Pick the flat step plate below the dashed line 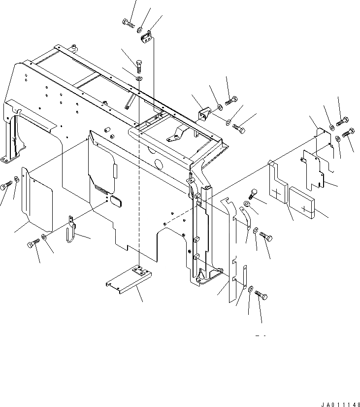point(130,282)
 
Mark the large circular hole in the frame point(160,165)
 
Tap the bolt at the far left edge point(6,186)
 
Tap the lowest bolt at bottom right point(262,296)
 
